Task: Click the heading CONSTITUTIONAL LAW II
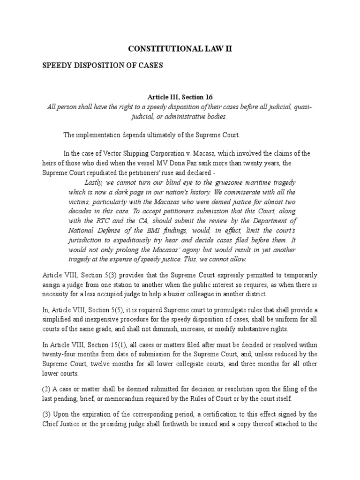(x=180, y=48)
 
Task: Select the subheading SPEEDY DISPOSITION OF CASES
(x=103, y=66)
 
